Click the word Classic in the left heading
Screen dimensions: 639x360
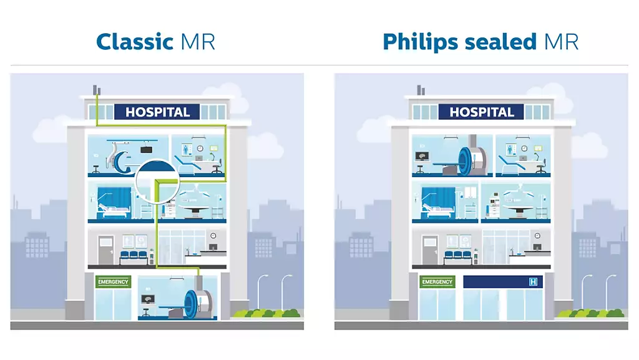[135, 42]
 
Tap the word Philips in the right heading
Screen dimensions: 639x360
[421, 42]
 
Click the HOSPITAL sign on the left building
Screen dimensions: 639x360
[157, 112]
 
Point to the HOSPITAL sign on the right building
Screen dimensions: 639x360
[481, 112]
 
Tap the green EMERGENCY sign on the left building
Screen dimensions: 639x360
[113, 282]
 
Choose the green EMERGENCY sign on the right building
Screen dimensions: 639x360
[437, 282]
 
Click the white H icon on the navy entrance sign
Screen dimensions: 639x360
[533, 282]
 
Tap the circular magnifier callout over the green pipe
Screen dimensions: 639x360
[157, 182]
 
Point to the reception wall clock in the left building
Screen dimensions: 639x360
[213, 236]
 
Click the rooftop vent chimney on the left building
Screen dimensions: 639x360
[97, 90]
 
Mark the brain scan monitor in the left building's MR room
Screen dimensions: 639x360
[147, 299]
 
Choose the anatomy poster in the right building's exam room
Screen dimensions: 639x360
[510, 150]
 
